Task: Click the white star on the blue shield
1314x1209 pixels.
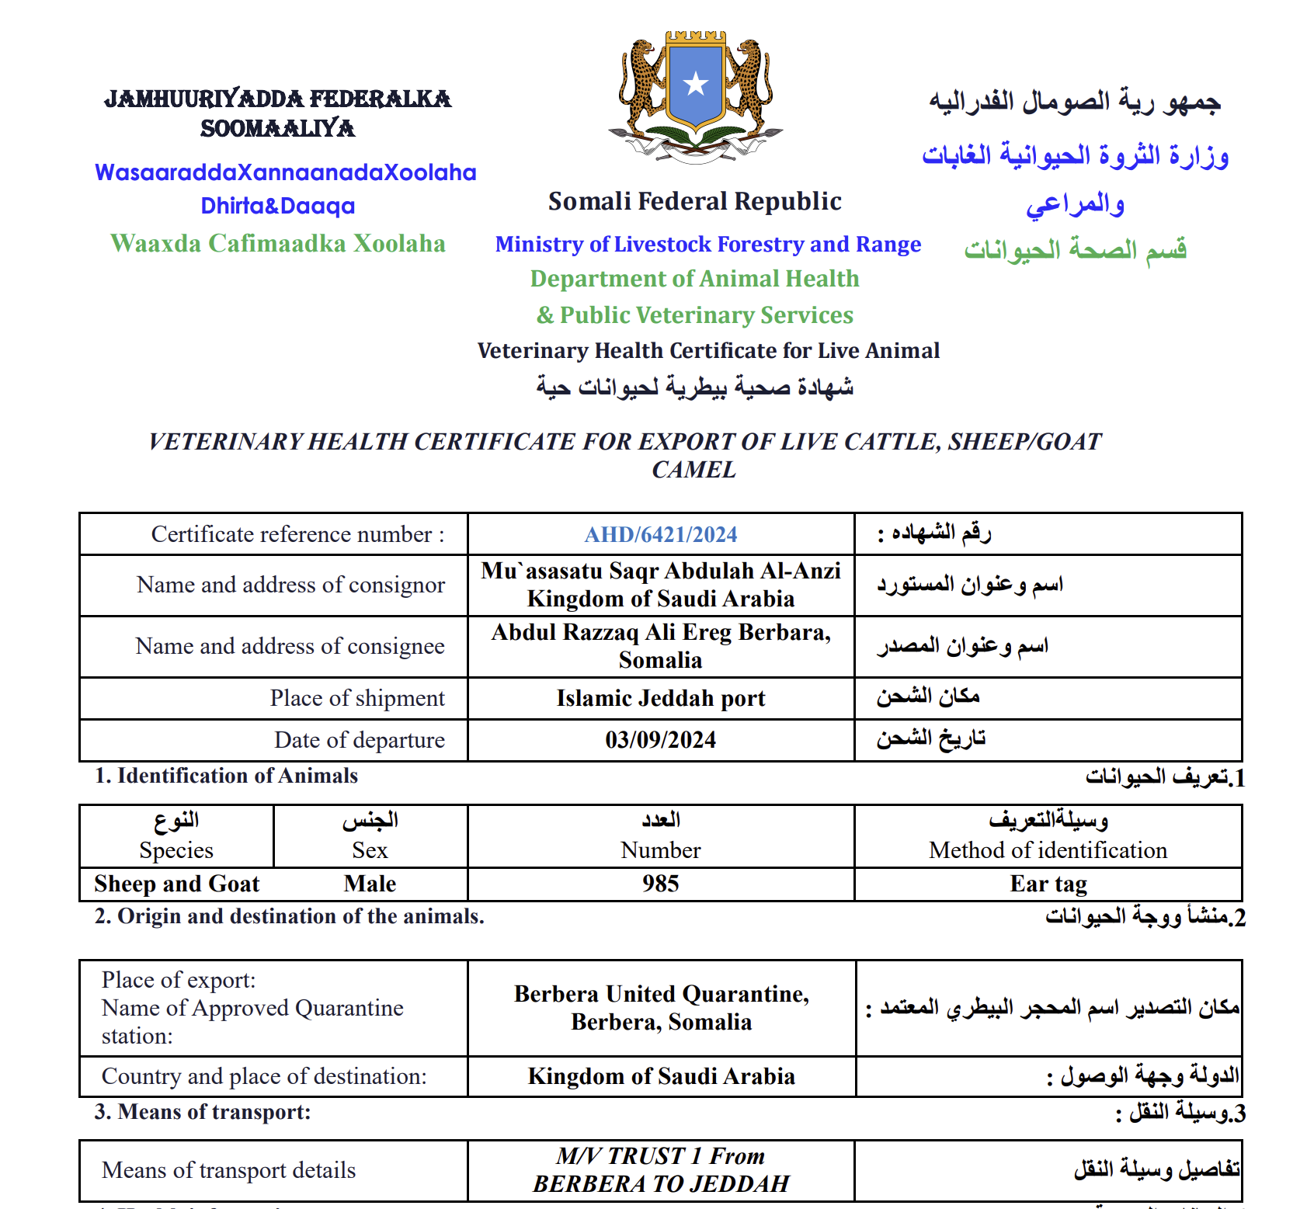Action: pos(695,83)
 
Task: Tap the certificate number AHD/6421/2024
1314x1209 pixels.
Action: pos(661,534)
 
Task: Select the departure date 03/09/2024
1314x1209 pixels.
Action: pos(661,740)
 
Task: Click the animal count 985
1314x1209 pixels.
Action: pos(661,884)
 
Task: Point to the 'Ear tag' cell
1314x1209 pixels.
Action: pos(1048,884)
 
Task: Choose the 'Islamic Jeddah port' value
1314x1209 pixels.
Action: pos(661,698)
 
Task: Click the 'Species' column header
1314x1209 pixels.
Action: pos(176,850)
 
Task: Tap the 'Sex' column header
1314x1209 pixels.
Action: pos(370,850)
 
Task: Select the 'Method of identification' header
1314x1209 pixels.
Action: pos(1048,850)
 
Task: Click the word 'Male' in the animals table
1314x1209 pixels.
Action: pos(370,884)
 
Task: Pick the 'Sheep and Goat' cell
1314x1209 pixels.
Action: pos(177,884)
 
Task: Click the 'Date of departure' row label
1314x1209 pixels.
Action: pos(360,740)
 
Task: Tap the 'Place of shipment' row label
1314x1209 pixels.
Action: pos(357,698)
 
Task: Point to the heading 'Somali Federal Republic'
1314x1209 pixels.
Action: pos(695,201)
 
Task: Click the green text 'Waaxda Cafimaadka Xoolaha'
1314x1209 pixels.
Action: pos(278,243)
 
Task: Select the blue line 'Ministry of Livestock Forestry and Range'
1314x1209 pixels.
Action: pos(708,244)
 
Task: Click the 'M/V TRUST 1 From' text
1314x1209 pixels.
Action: pos(661,1156)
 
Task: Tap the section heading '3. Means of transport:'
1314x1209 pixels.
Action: pos(203,1112)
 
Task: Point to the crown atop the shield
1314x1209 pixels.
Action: pos(696,36)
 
